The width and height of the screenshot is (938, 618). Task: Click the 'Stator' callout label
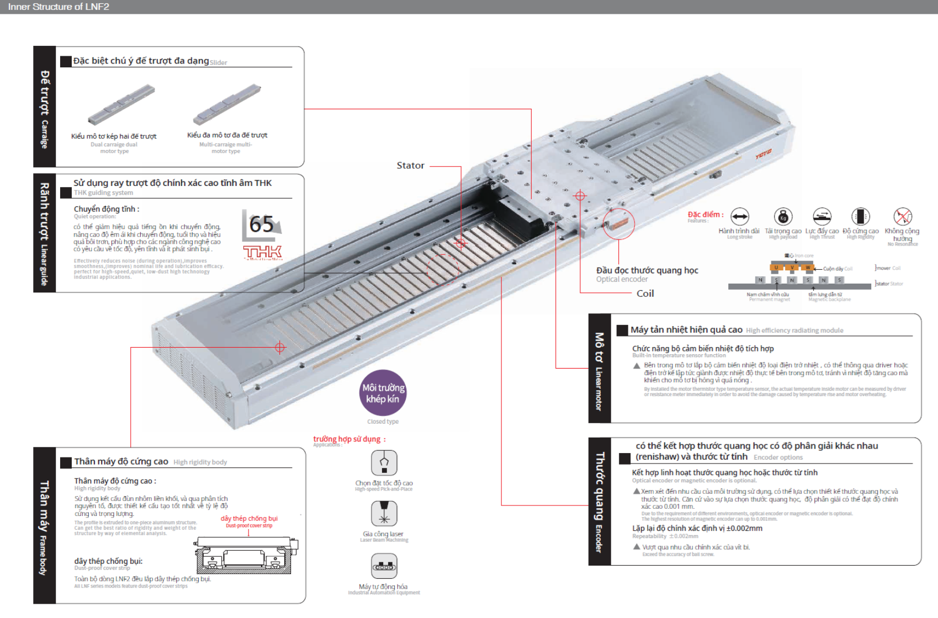410,166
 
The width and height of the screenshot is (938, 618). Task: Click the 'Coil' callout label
645,294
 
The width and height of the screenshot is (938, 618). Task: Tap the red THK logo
263,253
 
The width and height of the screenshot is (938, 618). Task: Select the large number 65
261,225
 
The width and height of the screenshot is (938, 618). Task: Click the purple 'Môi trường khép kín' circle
383,393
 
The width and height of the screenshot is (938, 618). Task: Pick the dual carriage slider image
121,105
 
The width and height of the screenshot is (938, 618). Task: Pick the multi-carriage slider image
227,104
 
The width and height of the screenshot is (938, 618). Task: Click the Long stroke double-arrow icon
739,217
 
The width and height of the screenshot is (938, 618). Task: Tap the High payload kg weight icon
783,217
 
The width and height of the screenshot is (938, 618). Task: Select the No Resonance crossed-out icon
903,216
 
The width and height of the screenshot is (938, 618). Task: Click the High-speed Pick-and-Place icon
384,462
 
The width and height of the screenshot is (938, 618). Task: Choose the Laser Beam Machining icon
384,514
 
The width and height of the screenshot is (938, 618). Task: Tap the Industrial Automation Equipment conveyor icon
384,566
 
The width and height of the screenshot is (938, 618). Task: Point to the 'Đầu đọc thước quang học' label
647,270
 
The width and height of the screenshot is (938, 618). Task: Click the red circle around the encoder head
618,223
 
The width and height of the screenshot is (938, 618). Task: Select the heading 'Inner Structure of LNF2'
59,7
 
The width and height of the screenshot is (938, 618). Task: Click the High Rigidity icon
860,217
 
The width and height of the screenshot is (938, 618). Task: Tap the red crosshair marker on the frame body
280,348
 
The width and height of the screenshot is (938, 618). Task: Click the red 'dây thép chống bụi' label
249,519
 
